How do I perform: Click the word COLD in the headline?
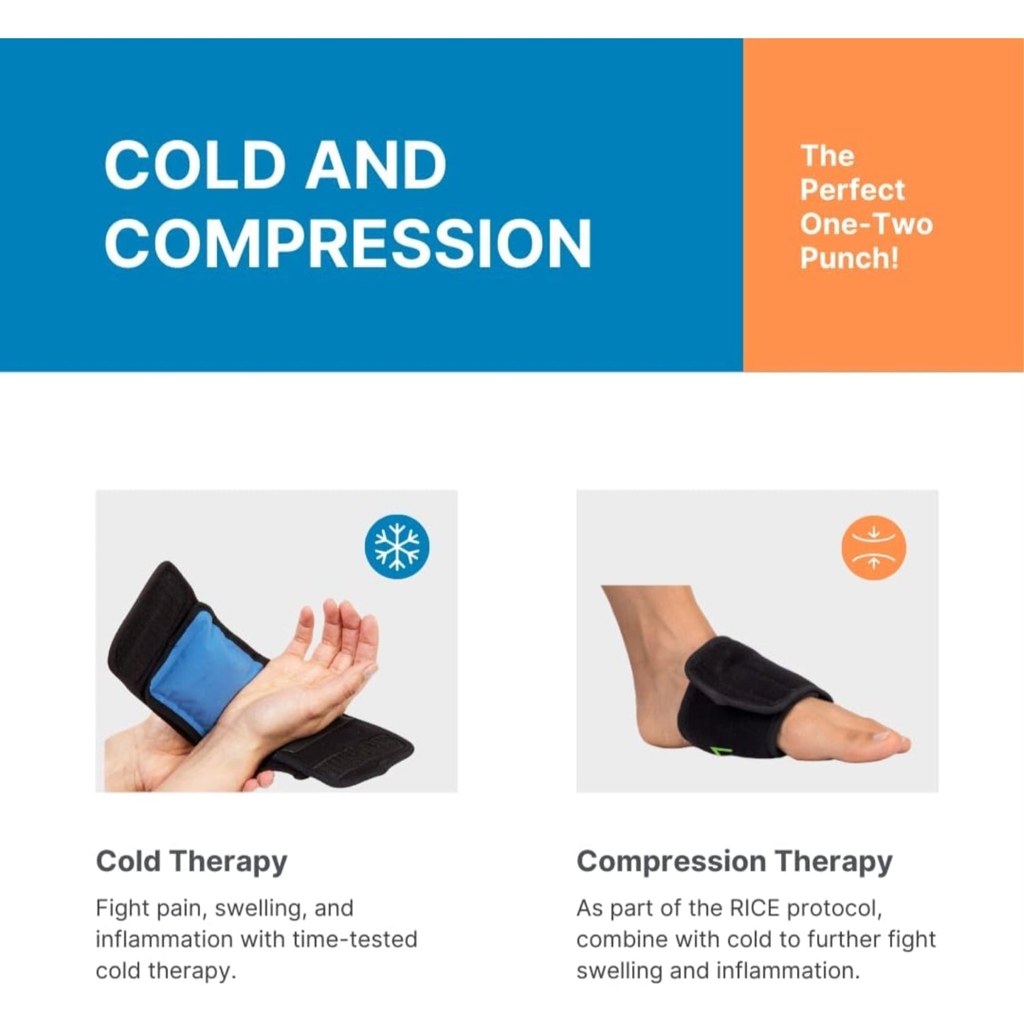(193, 165)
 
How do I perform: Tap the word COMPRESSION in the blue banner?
(348, 243)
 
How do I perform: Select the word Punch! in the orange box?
(849, 258)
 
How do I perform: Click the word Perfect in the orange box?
(852, 190)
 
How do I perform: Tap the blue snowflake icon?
(397, 547)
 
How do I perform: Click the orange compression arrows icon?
(874, 548)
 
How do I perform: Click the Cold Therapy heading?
(191, 862)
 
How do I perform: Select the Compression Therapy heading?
(734, 862)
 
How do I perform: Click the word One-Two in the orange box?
(866, 224)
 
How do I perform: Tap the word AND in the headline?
(376, 165)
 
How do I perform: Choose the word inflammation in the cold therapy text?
(164, 940)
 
